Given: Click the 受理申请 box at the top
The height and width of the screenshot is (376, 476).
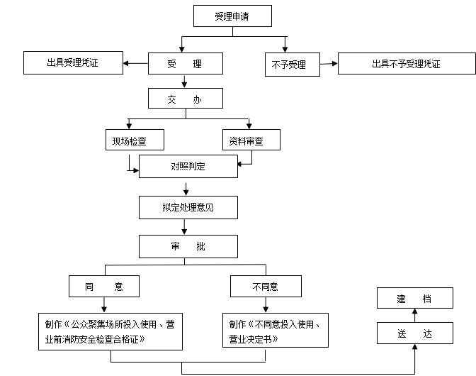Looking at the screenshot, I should pos(233,16).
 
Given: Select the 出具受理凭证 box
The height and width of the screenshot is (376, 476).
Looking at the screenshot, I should pos(73,63).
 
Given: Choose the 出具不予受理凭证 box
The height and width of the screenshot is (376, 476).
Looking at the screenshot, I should pos(406,64).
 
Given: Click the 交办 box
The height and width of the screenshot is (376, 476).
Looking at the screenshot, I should pos(184,100).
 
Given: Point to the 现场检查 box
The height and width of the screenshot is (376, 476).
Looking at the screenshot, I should pos(134,140).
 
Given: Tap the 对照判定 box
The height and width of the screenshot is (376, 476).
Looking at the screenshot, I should pos(187,167).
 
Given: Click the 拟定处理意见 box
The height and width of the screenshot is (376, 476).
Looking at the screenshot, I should pos(187,207).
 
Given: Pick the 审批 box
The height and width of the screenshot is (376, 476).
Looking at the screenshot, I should pos(187,246).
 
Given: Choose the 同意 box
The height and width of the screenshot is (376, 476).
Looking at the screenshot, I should pos(104,287).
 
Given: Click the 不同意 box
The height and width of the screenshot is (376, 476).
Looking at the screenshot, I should pos(266,287).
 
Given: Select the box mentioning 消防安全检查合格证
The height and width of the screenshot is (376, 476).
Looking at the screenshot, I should pos(110,330).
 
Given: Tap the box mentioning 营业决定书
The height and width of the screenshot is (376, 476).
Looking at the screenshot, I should pos(276,330).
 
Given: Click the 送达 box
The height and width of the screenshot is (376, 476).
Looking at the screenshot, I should pos(414,333).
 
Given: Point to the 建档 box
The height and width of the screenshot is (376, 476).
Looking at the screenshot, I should pos(414,298).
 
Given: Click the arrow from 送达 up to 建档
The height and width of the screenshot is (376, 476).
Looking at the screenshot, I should pos(415,315).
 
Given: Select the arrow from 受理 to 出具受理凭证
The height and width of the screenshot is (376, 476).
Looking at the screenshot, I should pos(135,64).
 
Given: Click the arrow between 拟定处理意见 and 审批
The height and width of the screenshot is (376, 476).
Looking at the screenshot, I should pos(185,227).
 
